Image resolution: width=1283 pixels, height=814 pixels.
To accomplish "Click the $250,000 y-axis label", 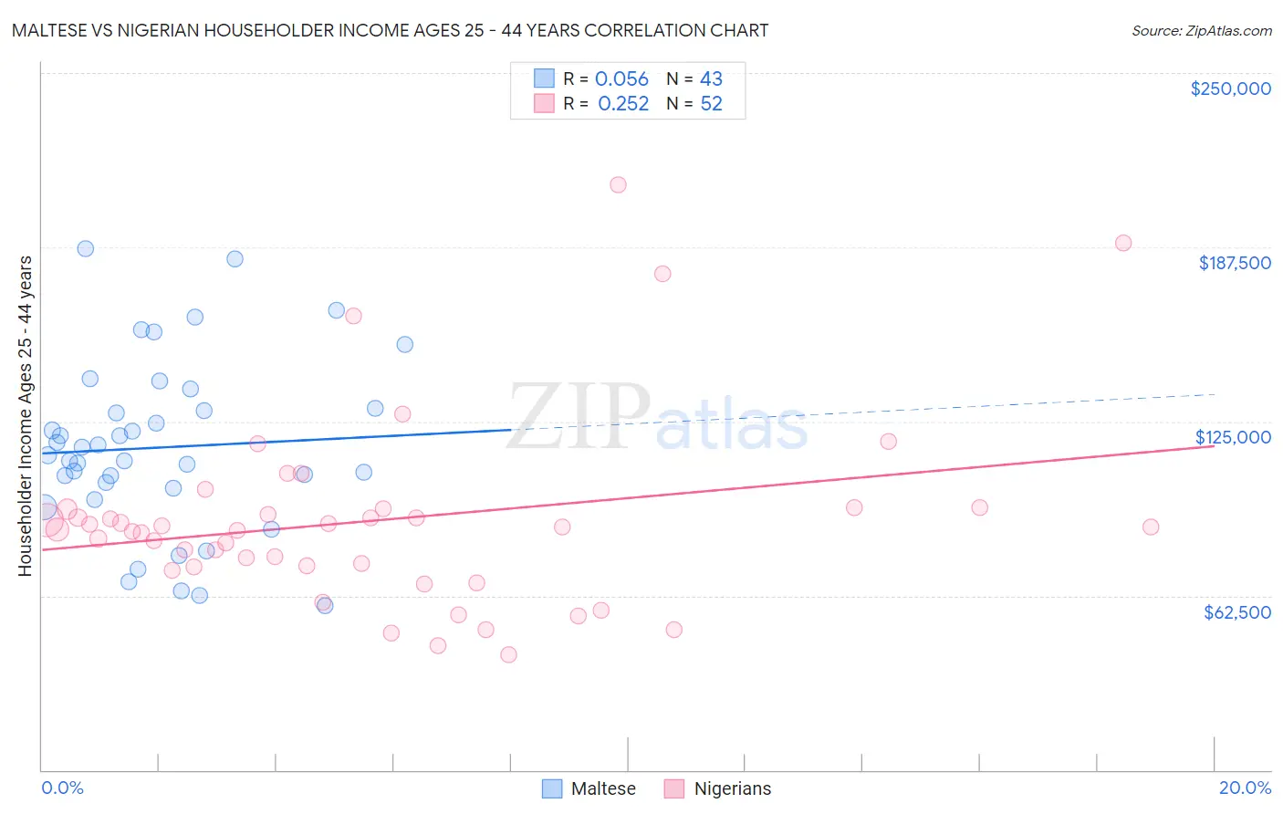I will (x=1230, y=89).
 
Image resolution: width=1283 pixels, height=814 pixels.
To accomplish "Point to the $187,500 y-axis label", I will (x=1234, y=263).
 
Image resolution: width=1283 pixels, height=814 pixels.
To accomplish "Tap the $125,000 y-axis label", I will (x=1233, y=437).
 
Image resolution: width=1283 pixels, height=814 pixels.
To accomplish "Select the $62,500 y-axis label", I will (x=1236, y=612).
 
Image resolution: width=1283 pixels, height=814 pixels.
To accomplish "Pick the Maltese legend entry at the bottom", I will (x=589, y=788).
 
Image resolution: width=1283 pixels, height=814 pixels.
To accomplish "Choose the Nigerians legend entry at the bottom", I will (x=718, y=788).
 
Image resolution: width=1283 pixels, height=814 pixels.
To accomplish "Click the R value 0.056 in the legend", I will (x=621, y=79).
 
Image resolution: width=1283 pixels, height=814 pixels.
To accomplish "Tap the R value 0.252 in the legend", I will (x=623, y=104).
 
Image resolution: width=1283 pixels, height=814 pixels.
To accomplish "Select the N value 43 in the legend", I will (x=711, y=79).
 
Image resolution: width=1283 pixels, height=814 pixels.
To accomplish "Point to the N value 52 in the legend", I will (x=711, y=104).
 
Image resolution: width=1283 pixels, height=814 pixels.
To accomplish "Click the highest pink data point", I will (x=618, y=184).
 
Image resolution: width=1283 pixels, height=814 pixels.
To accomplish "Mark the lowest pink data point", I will (x=509, y=654).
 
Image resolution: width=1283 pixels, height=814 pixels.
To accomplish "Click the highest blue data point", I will (x=86, y=248).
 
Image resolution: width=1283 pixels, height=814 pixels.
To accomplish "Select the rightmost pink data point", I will (x=1151, y=527).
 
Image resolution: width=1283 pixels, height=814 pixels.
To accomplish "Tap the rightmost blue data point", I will (x=405, y=344).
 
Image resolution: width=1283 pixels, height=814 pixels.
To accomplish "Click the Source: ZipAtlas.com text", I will (x=1201, y=31).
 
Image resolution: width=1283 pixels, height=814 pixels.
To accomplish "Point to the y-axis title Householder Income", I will (x=25, y=416).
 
